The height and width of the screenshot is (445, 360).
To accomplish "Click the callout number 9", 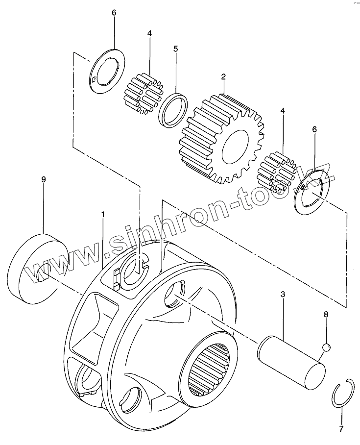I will click(x=43, y=180).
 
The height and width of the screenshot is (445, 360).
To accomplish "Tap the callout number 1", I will click(x=103, y=215).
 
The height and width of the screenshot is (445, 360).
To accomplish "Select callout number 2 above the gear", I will click(x=223, y=76).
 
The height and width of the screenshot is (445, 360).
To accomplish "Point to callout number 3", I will click(x=283, y=295).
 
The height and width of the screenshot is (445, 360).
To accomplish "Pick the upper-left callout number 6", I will click(x=114, y=13).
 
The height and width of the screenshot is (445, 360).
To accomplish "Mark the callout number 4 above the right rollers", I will click(x=282, y=111).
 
